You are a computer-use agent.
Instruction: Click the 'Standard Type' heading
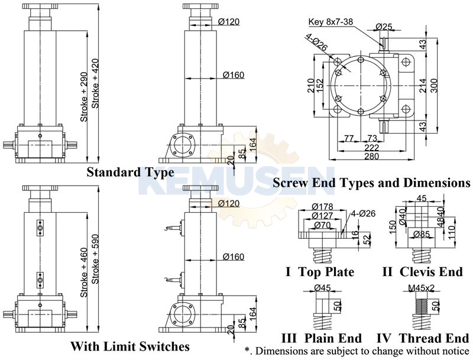click(x=131, y=173)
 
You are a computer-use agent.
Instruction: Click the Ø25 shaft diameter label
click(x=385, y=27)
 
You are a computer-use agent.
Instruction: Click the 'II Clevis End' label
click(x=423, y=272)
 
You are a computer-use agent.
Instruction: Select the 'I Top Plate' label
click(x=320, y=272)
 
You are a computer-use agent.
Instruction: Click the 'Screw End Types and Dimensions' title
click(x=371, y=183)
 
